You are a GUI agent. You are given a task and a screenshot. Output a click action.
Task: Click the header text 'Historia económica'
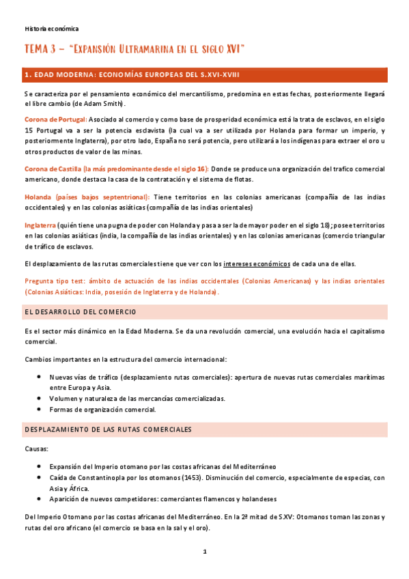(x=51, y=29)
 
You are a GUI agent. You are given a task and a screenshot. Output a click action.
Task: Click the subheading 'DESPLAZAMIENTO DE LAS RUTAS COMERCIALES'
(x=108, y=429)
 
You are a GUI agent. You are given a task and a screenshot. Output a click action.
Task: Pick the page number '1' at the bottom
(x=204, y=552)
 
